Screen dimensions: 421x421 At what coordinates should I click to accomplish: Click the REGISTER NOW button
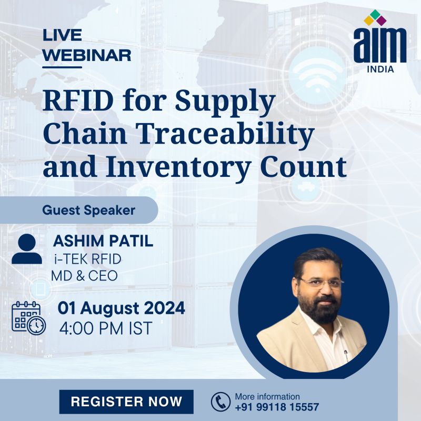(126, 402)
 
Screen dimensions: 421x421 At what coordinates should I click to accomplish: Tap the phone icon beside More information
(220, 402)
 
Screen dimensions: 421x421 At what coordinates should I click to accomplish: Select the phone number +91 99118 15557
(277, 407)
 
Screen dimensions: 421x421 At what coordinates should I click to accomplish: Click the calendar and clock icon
(29, 318)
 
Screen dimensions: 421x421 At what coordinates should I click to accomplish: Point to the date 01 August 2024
(122, 308)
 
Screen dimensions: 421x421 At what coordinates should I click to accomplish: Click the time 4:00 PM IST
(106, 328)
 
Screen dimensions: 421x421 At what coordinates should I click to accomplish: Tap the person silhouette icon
(27, 249)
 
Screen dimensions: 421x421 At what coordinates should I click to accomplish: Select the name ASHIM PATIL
(103, 241)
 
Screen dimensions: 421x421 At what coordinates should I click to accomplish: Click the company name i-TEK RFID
(87, 259)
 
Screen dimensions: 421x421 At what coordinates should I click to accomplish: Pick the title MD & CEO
(84, 276)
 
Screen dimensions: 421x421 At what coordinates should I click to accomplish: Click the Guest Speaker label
(88, 210)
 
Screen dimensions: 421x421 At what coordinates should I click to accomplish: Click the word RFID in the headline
(78, 101)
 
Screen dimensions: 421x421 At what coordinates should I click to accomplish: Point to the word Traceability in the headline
(226, 134)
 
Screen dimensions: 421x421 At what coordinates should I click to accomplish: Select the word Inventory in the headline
(178, 166)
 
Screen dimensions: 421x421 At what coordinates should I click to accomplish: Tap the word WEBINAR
(87, 55)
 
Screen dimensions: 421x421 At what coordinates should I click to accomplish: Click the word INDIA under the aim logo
(380, 69)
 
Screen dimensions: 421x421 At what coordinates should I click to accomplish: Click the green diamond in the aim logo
(375, 14)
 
